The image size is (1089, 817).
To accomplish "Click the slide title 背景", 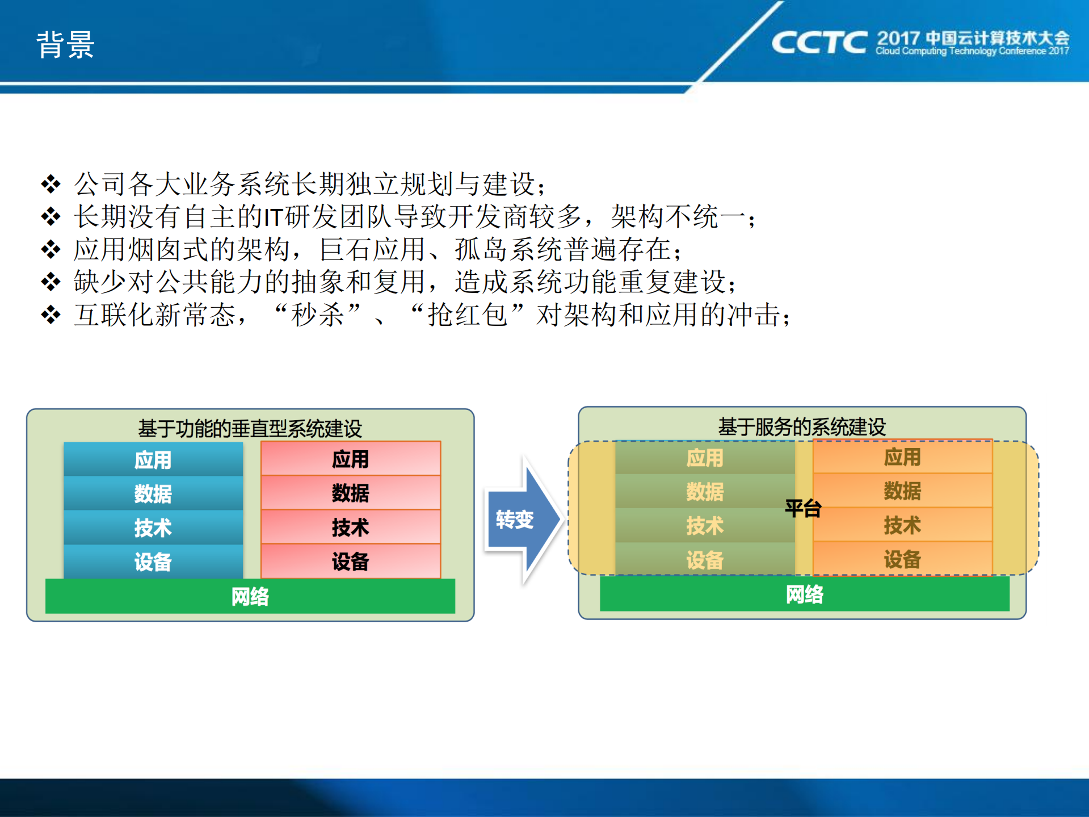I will (x=65, y=44).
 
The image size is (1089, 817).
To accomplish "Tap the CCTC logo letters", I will (x=819, y=43).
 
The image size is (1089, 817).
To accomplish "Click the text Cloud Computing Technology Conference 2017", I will (x=972, y=51).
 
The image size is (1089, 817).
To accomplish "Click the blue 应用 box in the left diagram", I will (x=153, y=459).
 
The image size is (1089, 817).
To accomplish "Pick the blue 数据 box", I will (x=153, y=493).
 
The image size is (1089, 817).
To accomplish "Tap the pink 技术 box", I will (x=350, y=527).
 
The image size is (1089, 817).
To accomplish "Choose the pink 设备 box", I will (x=350, y=561).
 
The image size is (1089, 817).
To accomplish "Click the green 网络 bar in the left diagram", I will (x=250, y=596).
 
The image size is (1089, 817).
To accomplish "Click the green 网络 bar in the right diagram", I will (x=804, y=594).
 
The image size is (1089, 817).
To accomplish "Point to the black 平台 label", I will (x=803, y=508).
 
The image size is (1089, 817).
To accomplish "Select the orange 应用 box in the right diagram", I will (x=902, y=456).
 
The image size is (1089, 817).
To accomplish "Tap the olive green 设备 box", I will (x=705, y=560).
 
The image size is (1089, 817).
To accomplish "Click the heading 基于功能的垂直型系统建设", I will (x=250, y=428).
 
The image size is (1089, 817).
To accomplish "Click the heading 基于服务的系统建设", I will (x=802, y=426).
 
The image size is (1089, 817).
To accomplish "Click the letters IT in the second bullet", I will (x=274, y=217).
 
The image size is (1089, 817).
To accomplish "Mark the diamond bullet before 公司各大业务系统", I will (x=51, y=184).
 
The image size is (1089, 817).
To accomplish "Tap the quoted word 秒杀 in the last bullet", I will (x=318, y=315).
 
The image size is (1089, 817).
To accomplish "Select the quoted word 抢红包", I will (x=468, y=315).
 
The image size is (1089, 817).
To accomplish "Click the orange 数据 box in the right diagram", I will (x=902, y=491).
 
